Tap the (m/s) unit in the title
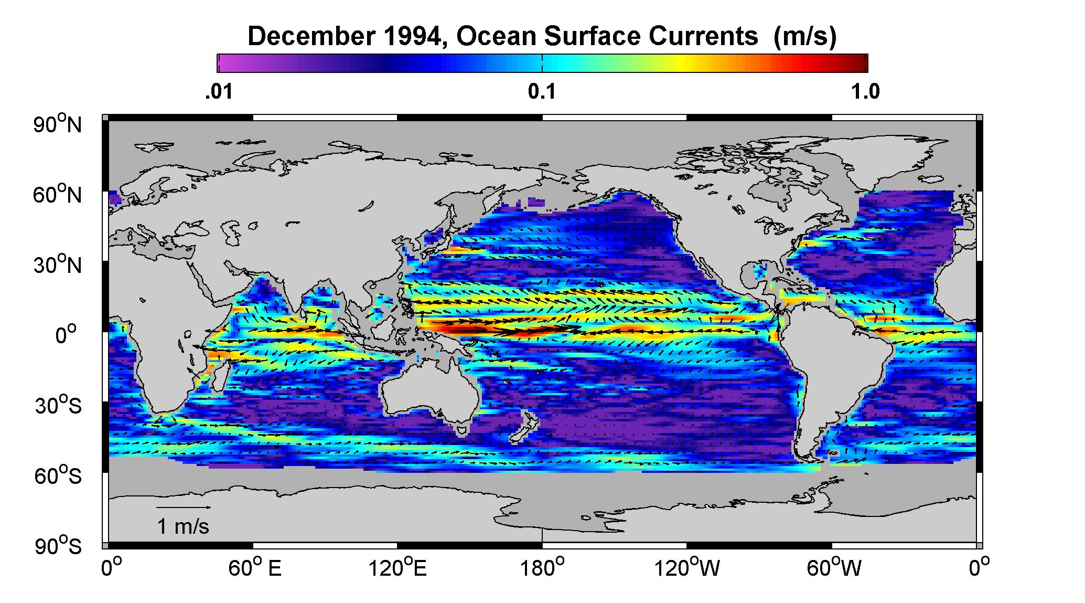pos(804,37)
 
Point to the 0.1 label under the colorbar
pos(542,92)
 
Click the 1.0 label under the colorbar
pos(866,92)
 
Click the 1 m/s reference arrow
pos(184,507)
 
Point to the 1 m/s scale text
pos(183,526)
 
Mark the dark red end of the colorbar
pos(862,63)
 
